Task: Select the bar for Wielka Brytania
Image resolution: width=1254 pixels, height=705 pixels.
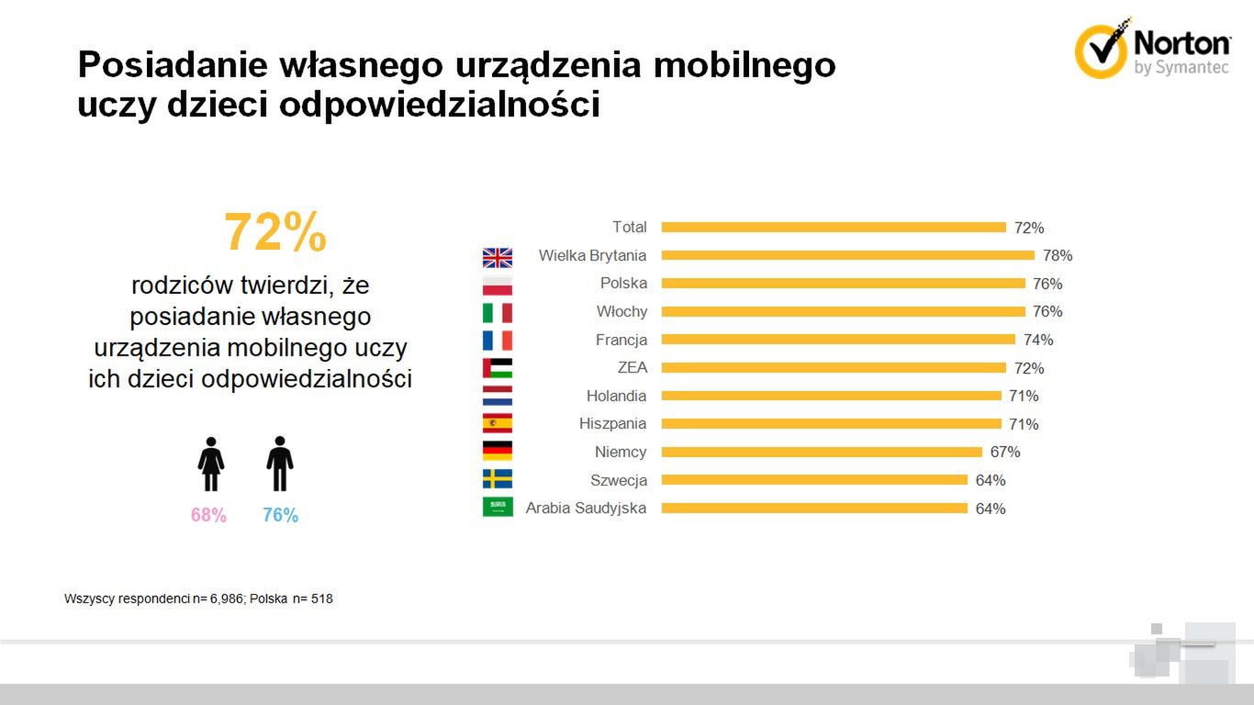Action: click(847, 255)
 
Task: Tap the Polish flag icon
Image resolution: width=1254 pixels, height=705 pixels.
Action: click(498, 285)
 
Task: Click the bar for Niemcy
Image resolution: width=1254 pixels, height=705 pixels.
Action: click(822, 452)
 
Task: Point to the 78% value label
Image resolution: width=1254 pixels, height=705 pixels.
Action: click(1058, 256)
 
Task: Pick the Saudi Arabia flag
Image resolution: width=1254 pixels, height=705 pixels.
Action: click(498, 508)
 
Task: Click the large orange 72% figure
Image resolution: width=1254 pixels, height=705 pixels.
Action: click(275, 232)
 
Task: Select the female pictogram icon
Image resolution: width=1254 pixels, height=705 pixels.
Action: click(211, 464)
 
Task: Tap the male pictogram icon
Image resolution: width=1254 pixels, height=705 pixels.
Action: click(280, 464)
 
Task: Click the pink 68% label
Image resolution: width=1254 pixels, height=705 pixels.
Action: click(208, 516)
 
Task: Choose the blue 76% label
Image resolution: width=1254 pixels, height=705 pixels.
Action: click(280, 516)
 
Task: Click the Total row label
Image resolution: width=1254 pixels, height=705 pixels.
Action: click(629, 227)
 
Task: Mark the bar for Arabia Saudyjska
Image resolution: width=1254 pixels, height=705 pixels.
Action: click(814, 508)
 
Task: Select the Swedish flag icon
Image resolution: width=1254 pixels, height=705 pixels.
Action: click(498, 479)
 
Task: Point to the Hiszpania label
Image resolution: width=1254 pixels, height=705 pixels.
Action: click(612, 423)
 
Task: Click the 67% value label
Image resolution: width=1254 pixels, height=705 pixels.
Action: click(1005, 452)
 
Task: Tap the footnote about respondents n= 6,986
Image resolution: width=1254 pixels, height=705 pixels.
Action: click(198, 599)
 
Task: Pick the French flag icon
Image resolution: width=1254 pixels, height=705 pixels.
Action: click(498, 341)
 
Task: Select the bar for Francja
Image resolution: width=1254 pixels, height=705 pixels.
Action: click(838, 340)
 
